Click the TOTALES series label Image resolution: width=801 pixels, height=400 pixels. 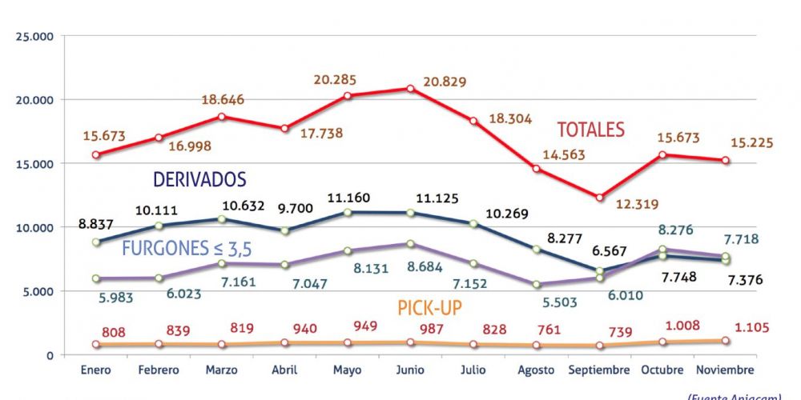[x=590, y=130]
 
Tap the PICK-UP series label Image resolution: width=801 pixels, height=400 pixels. [x=429, y=307]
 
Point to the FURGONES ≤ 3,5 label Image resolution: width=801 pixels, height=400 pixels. [x=187, y=249]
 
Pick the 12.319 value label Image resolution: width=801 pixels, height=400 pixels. [x=636, y=204]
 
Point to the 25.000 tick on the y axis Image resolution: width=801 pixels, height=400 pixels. [x=32, y=36]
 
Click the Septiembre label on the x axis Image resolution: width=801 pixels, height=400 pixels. [x=599, y=370]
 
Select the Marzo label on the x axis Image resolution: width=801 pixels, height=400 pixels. [x=222, y=370]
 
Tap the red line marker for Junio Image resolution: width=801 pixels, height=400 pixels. [x=411, y=89]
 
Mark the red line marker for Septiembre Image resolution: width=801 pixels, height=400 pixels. [x=600, y=197]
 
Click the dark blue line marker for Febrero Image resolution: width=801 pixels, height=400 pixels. [x=159, y=226]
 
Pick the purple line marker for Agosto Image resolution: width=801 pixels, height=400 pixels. [x=537, y=285]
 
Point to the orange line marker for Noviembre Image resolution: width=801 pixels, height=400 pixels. [x=725, y=340]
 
